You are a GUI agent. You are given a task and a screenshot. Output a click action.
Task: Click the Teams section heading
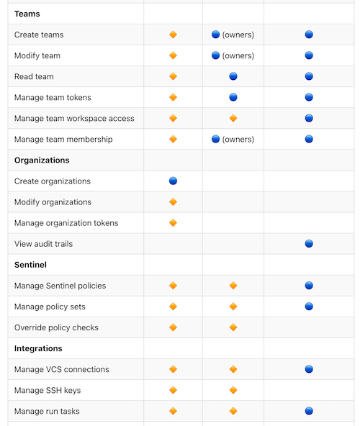point(27,14)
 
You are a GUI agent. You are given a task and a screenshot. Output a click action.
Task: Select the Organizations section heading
point(42,160)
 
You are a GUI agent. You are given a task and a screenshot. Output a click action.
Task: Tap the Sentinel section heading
point(30,265)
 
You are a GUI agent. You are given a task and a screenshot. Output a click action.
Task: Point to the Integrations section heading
point(38,348)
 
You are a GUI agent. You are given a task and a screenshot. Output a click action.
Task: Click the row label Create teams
point(39,35)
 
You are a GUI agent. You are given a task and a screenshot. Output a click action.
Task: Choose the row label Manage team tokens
point(53,97)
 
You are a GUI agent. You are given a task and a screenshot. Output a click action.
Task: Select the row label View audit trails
point(43,244)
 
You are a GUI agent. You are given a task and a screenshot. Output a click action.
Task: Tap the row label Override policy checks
point(56,327)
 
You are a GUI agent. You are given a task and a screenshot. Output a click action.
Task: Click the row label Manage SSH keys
point(48,390)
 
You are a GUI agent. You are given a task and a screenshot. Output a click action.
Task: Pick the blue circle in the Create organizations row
point(173,181)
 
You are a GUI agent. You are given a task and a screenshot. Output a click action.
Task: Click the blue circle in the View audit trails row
point(309,244)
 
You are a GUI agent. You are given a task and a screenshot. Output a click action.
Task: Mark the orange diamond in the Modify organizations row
point(173,202)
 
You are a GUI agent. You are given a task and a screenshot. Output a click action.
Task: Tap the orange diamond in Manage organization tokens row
point(173,223)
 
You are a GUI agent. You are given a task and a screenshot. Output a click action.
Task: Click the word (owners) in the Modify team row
point(238,55)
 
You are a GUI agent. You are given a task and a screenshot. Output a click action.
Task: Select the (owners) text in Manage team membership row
point(238,140)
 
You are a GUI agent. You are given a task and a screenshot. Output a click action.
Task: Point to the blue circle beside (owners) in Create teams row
point(215,35)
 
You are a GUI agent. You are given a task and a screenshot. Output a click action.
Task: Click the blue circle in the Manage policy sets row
point(309,307)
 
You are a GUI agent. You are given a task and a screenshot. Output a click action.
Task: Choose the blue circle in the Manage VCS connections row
point(309,369)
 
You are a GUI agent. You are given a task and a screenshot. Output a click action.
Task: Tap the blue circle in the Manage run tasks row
point(309,411)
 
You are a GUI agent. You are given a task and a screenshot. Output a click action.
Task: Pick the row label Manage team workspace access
point(74,119)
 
